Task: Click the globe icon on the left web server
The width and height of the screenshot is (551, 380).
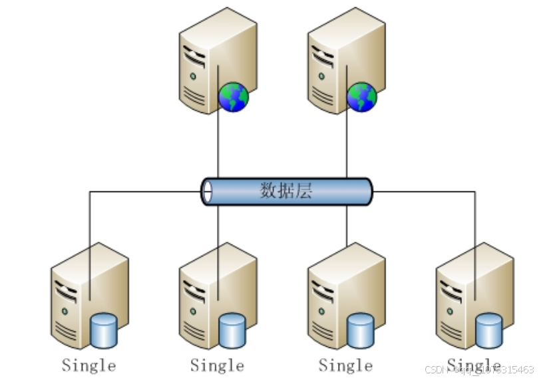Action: point(234,97)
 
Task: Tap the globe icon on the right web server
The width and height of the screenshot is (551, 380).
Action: point(362,97)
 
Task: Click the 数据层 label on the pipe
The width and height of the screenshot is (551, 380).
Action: point(285,191)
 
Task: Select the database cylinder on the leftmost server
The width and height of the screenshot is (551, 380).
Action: point(104,330)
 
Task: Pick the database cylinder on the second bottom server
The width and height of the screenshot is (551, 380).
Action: point(232,330)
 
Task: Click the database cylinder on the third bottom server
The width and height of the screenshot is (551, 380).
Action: point(361,330)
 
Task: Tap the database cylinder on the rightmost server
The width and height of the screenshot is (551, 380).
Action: point(488,330)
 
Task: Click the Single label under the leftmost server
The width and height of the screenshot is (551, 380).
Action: point(89,365)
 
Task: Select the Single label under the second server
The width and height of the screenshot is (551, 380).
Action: point(217,365)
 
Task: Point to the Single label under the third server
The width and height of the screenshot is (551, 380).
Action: point(345,365)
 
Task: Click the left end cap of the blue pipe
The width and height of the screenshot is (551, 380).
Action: point(207,191)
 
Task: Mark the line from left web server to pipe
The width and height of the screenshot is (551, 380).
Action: point(218,146)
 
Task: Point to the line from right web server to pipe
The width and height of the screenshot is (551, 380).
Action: point(347,146)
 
